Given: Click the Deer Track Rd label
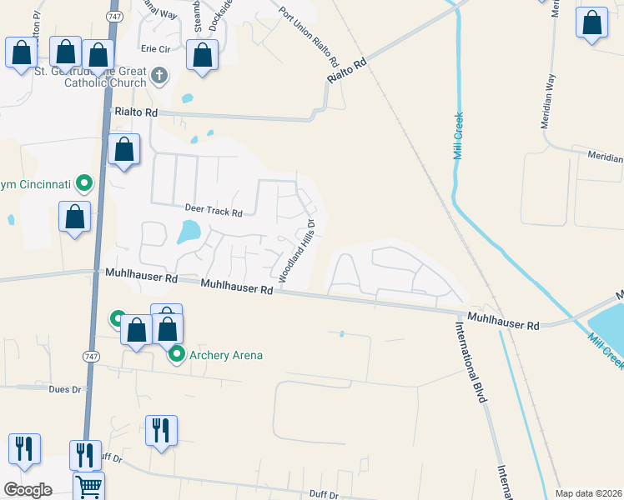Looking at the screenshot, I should pyautogui.click(x=214, y=212).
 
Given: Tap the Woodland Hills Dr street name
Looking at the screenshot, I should pyautogui.click(x=296, y=250).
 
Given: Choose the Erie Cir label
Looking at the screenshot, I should pyautogui.click(x=155, y=49).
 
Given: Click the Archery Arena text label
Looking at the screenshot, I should pyautogui.click(x=226, y=356).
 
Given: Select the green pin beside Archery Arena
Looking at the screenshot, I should pyautogui.click(x=177, y=355).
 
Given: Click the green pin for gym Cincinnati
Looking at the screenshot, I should pyautogui.click(x=83, y=182).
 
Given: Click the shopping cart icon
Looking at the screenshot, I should pyautogui.click(x=88, y=485).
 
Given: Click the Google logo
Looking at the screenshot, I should pyautogui.click(x=28, y=490).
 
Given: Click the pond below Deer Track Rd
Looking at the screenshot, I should pyautogui.click(x=189, y=232).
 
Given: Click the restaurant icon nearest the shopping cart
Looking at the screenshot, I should pyautogui.click(x=85, y=454).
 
